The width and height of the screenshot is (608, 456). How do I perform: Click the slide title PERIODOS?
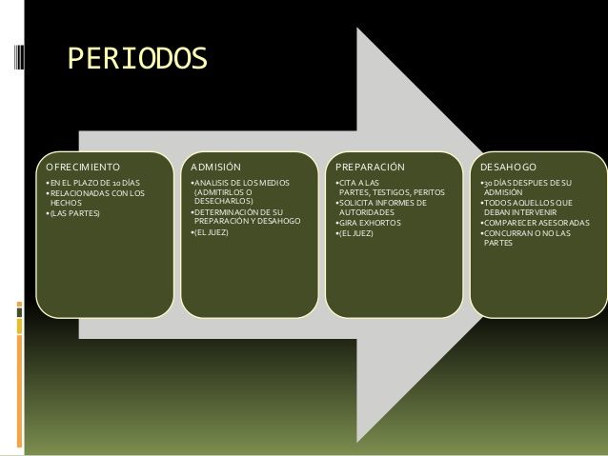pyautogui.click(x=136, y=59)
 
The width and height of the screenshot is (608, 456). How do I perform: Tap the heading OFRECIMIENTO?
pyautogui.click(x=83, y=168)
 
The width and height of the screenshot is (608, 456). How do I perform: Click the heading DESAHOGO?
pyautogui.click(x=509, y=168)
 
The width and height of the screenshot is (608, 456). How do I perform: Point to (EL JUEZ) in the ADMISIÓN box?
pyautogui.click(x=212, y=232)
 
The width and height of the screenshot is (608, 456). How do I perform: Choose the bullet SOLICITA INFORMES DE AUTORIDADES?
pyautogui.click(x=381, y=208)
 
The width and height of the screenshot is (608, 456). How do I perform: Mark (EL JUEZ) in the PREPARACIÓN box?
pyautogui.click(x=355, y=232)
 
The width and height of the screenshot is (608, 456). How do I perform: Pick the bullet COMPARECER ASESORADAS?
pyautogui.click(x=536, y=223)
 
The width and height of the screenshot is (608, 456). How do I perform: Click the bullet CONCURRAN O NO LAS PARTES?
pyautogui.click(x=529, y=238)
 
